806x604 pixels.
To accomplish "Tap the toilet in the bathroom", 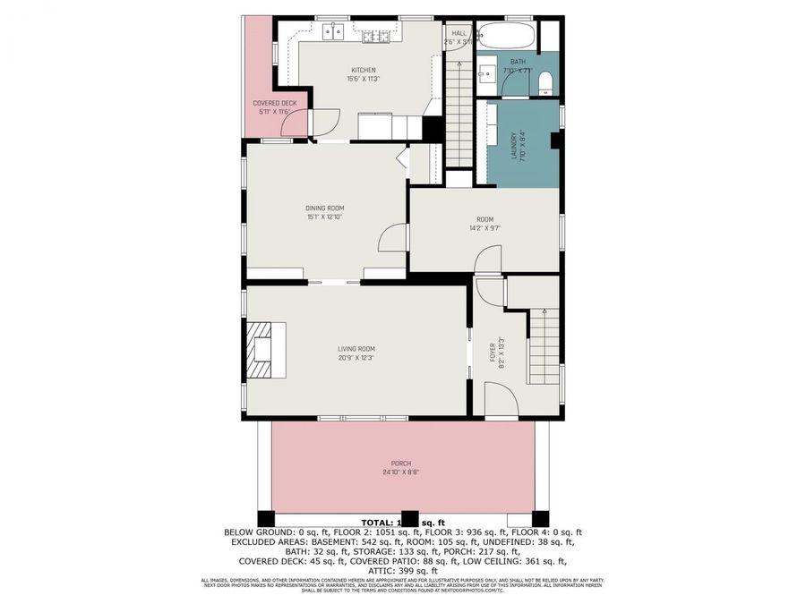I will [x=546, y=85].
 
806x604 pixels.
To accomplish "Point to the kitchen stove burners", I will [x=376, y=36].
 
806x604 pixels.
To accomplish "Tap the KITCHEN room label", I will [x=363, y=70].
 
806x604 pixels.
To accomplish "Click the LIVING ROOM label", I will [x=356, y=349].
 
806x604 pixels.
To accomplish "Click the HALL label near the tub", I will [x=459, y=33].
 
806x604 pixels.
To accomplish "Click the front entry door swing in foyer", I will [x=498, y=397].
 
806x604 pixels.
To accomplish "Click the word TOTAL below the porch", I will [x=377, y=522].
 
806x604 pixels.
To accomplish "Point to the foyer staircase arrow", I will [x=544, y=312].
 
